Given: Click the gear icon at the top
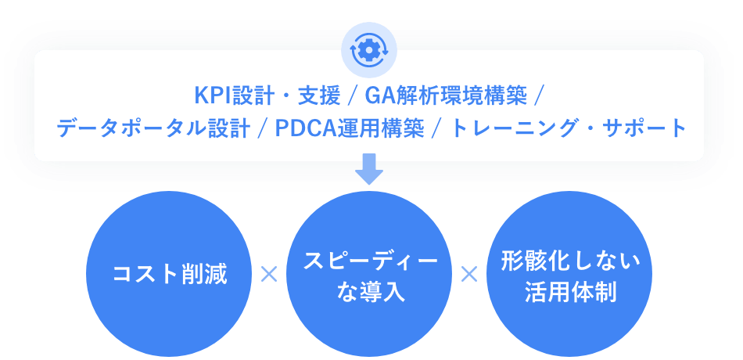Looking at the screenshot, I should [x=369, y=48].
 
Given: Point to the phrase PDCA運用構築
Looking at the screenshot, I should [x=350, y=127].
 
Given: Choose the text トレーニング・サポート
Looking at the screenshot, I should [x=570, y=127].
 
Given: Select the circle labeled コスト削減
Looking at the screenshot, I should [x=170, y=273].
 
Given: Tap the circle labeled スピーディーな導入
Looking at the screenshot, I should [x=369, y=273].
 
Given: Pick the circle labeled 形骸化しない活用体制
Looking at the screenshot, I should [x=569, y=273].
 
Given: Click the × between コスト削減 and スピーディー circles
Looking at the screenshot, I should [x=269, y=274].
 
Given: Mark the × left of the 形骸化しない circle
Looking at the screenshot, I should [x=469, y=274].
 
